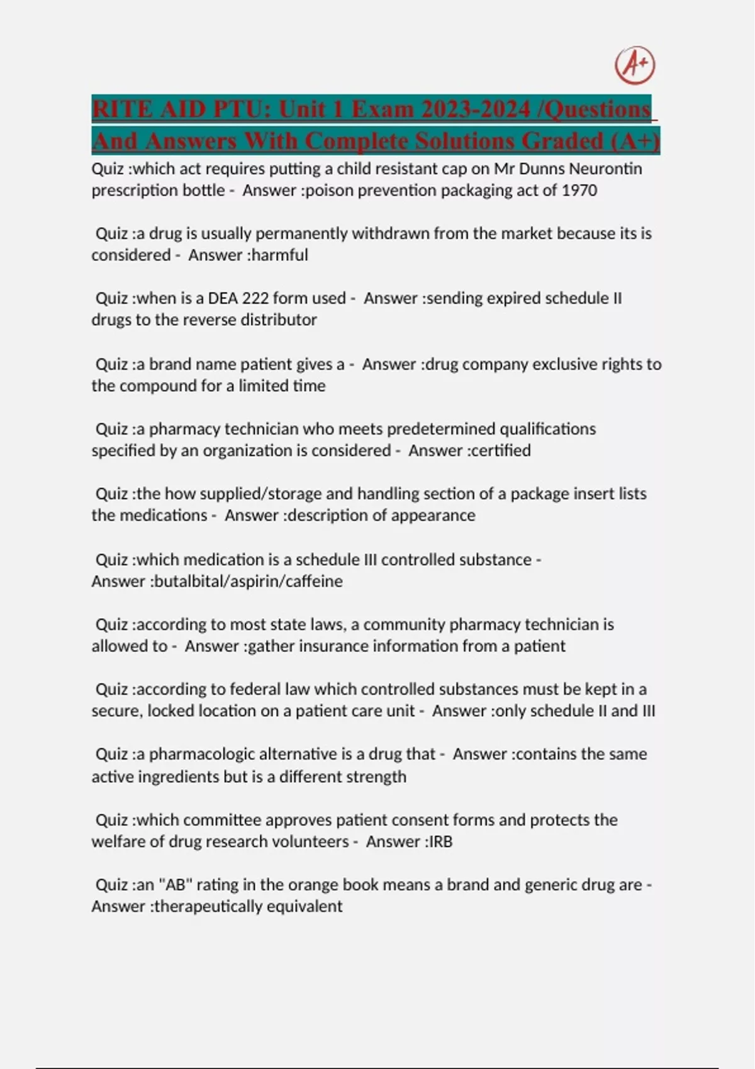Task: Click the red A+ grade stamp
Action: pyautogui.click(x=635, y=66)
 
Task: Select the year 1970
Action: pyautogui.click(x=579, y=190)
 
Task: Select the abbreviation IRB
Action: pyautogui.click(x=440, y=841)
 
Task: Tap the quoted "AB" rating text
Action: pyautogui.click(x=176, y=885)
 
